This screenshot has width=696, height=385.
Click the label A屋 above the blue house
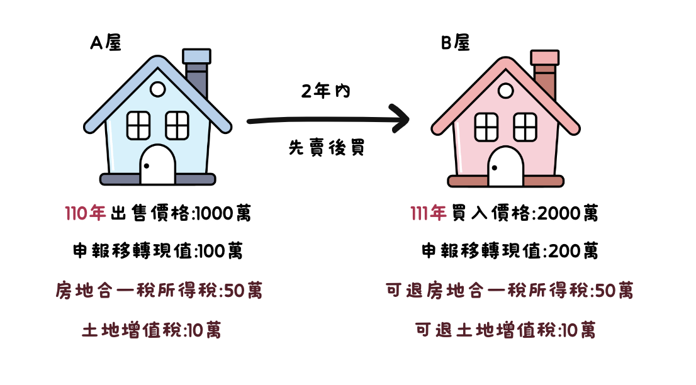[105, 43]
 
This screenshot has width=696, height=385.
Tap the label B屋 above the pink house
[454, 43]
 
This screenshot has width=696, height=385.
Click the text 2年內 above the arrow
[325, 91]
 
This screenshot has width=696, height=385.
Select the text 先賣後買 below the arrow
[326, 148]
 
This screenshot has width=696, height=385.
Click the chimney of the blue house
[196, 72]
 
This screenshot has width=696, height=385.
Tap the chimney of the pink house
[545, 72]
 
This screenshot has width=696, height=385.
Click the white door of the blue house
[157, 165]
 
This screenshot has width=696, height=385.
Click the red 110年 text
[86, 214]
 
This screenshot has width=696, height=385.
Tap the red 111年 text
[428, 214]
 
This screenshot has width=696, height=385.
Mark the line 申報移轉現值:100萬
[157, 252]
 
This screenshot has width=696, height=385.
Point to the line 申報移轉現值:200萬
[509, 252]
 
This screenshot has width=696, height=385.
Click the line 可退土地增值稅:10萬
[505, 330]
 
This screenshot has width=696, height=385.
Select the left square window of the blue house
[138, 125]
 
